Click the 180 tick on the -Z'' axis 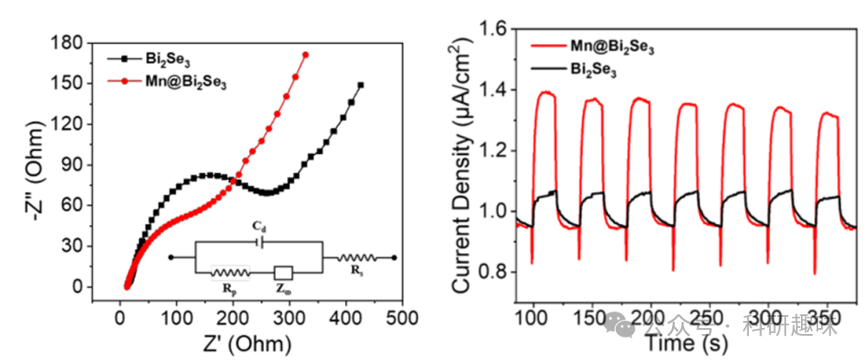[84, 42]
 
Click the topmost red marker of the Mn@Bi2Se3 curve [305, 55]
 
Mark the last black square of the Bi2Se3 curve [361, 85]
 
